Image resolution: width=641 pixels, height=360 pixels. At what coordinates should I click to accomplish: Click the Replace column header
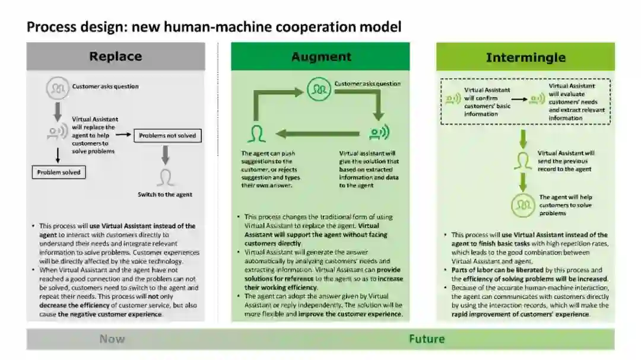[x=116, y=56]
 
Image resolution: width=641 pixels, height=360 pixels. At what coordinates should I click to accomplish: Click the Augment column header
[x=321, y=57]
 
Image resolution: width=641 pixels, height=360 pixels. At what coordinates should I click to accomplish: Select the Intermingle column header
[x=525, y=58]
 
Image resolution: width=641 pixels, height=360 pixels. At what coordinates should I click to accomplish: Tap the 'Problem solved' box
[x=58, y=173]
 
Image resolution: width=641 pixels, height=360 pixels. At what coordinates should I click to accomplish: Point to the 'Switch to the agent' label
[x=165, y=195]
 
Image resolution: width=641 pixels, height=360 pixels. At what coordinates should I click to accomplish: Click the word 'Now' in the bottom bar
[x=112, y=339]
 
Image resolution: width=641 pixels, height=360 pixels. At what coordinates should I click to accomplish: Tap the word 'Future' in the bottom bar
[x=426, y=339]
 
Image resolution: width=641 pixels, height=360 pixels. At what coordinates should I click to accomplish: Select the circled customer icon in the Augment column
[x=319, y=89]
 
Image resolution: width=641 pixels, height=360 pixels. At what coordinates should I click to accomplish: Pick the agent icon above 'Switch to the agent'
[x=166, y=177]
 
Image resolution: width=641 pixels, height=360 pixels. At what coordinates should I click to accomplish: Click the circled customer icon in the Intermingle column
[x=523, y=205]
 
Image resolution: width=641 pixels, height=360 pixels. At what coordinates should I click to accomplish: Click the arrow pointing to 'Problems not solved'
[x=123, y=135]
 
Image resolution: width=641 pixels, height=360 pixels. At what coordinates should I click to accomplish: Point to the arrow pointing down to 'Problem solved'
[x=58, y=155]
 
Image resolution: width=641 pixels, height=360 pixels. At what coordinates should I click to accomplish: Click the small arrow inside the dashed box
[x=519, y=100]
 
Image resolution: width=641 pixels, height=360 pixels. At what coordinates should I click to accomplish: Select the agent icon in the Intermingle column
[x=523, y=161]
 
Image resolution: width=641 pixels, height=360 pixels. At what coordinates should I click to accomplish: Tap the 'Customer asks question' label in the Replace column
[x=106, y=87]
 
